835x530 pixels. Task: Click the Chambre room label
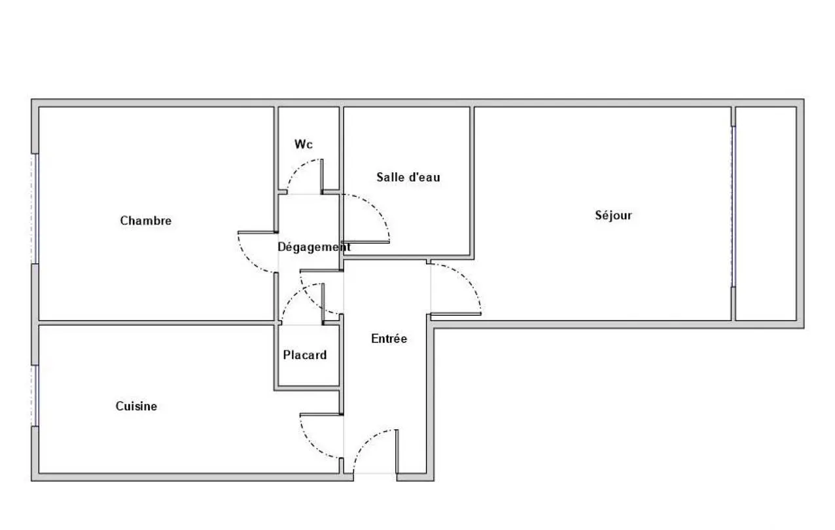click(x=146, y=221)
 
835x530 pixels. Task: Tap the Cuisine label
click(x=136, y=406)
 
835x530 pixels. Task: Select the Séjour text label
click(x=614, y=216)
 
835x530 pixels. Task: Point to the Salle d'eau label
click(x=408, y=178)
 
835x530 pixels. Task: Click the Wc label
click(x=304, y=144)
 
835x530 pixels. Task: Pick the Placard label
click(x=305, y=354)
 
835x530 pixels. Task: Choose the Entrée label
click(x=389, y=339)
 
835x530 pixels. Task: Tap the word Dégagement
click(x=314, y=247)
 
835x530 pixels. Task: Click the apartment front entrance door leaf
click(x=397, y=451)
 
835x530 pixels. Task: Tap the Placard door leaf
click(x=323, y=303)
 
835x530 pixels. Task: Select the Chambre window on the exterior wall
click(x=36, y=208)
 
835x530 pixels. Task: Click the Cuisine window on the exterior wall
click(x=36, y=396)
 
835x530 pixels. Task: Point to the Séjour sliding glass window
click(x=733, y=207)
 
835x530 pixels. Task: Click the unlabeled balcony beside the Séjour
click(x=766, y=214)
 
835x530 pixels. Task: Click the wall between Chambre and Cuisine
click(x=156, y=323)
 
